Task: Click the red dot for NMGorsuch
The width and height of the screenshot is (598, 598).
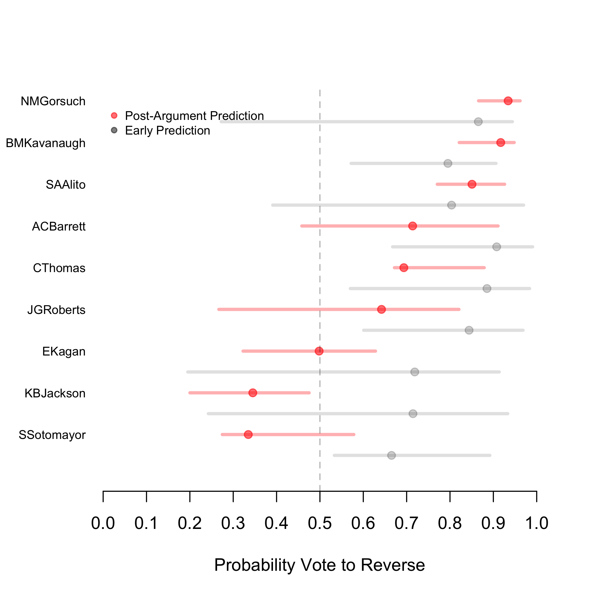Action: [508, 101]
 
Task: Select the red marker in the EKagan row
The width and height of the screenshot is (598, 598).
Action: [319, 351]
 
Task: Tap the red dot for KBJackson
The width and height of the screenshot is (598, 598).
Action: [253, 393]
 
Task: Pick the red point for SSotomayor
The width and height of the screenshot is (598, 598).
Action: [248, 434]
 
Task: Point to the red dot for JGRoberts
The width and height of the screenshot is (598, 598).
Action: [382, 309]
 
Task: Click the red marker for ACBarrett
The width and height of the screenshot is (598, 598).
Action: [413, 226]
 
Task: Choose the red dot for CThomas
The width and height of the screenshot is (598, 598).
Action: [404, 268]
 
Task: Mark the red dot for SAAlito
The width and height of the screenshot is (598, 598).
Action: [472, 184]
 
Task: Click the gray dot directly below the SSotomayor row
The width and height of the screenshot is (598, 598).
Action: [392, 455]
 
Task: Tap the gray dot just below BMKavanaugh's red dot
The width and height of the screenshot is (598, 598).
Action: [448, 164]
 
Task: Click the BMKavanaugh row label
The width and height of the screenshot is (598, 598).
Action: [46, 143]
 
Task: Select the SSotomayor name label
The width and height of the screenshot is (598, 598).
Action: [52, 435]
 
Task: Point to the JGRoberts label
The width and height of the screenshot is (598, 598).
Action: [56, 310]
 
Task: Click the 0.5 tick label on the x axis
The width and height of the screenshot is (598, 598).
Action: [320, 523]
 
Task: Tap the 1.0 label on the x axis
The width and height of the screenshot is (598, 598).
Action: [537, 523]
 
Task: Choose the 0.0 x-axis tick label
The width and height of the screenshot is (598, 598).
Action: [103, 523]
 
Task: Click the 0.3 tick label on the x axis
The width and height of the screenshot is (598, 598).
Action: [233, 523]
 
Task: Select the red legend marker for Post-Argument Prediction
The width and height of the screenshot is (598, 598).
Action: [114, 116]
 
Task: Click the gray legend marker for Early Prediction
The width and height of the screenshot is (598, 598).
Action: [114, 130]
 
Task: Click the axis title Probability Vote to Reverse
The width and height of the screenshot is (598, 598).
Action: [319, 565]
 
